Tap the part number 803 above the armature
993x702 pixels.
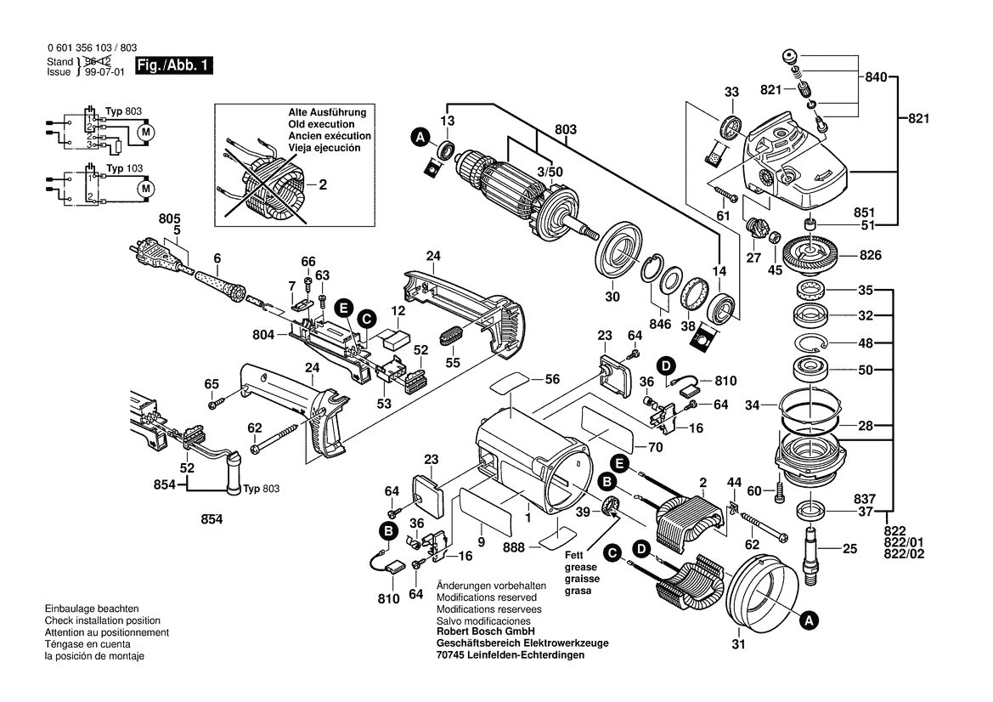[x=566, y=129]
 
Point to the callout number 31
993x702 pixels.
[x=738, y=643]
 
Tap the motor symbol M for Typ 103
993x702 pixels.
[x=145, y=187]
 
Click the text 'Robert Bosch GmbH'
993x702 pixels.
[x=485, y=631]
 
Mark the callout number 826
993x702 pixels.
[x=871, y=255]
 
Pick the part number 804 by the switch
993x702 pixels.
[x=263, y=336]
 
